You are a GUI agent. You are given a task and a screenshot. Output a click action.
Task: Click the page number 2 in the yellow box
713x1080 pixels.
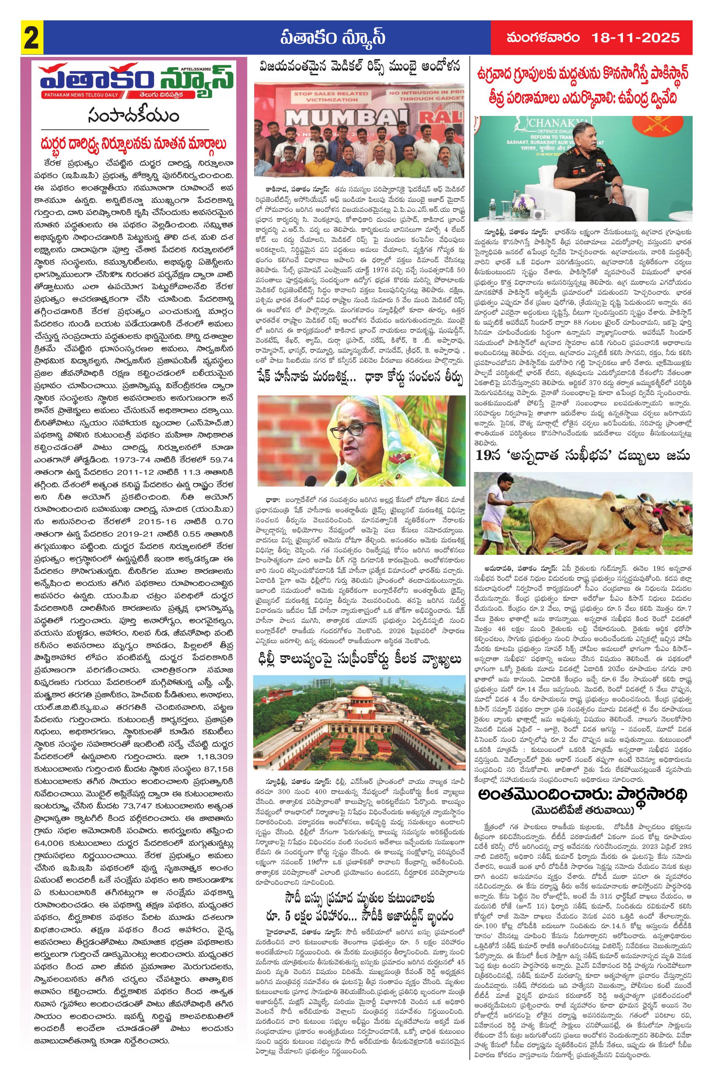tap(31, 37)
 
